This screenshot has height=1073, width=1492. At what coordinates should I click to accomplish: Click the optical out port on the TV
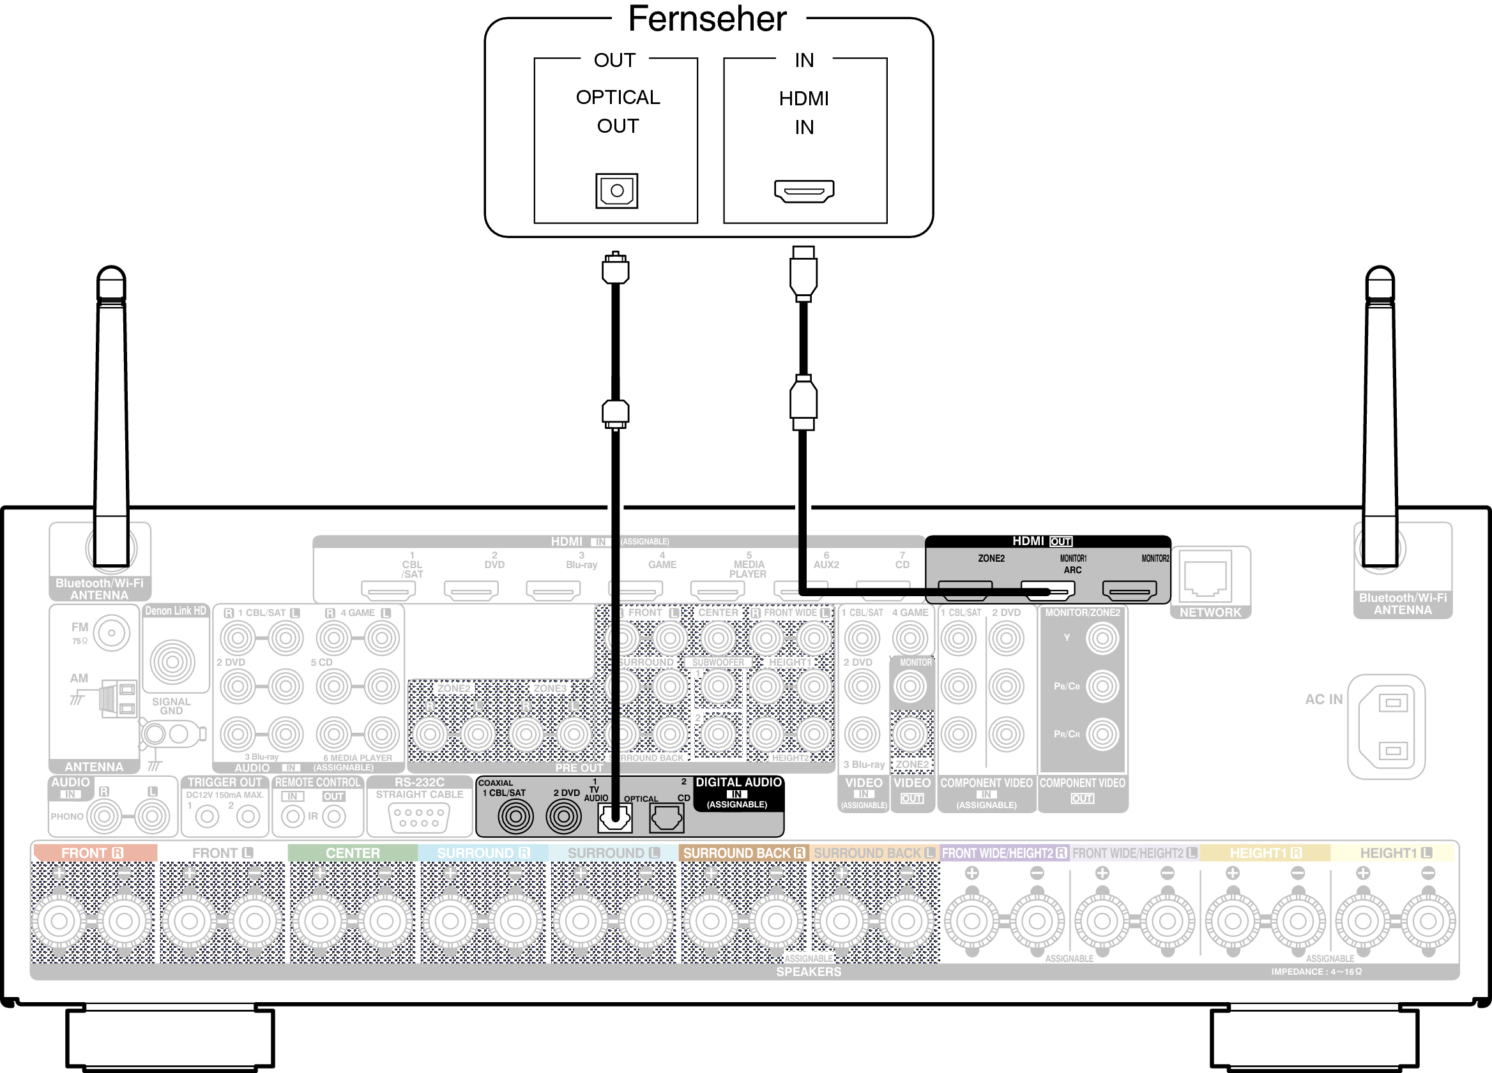616,191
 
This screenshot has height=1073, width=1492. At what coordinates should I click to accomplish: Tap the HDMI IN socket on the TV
804,191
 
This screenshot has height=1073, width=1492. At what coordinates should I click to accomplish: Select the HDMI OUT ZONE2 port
964,590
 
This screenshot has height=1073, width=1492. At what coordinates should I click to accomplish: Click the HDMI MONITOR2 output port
1129,590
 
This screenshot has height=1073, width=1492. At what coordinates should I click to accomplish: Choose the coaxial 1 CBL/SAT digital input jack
515,816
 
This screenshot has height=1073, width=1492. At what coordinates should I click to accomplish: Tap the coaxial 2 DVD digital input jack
563,816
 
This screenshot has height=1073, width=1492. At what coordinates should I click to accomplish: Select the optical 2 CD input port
666,818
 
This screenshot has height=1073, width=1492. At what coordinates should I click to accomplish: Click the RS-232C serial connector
419,818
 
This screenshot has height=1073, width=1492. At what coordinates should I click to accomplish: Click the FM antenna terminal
111,633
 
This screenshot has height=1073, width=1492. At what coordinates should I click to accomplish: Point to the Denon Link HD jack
172,661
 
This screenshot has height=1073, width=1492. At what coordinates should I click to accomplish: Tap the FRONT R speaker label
93,853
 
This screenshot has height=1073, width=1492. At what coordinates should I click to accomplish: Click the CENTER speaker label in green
353,853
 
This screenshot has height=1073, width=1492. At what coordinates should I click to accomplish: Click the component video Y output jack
1102,638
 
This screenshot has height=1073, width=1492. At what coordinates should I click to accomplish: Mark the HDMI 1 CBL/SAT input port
388,590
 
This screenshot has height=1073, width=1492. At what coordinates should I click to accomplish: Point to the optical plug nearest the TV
615,269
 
